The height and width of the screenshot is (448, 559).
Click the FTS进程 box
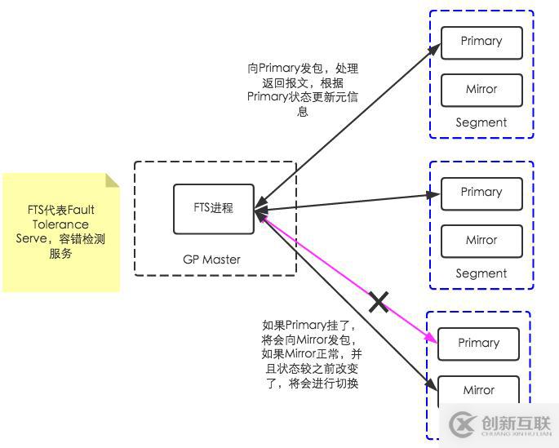[x=213, y=208]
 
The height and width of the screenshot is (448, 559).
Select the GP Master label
[x=211, y=259]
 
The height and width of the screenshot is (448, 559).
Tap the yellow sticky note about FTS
[x=60, y=232]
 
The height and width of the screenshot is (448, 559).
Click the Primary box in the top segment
[x=481, y=42]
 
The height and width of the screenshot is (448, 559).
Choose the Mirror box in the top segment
[x=481, y=90]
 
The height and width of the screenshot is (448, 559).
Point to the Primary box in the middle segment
[x=481, y=193]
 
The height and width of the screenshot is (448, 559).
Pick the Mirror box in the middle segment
[x=481, y=241]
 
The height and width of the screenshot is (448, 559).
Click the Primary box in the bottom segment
[x=478, y=344]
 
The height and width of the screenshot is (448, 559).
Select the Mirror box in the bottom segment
[x=478, y=390]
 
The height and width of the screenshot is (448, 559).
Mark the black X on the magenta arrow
[x=379, y=302]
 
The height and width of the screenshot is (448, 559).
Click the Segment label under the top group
[x=481, y=122]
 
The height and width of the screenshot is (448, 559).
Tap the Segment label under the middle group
[x=481, y=273]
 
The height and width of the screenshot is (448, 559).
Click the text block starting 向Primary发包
[x=303, y=90]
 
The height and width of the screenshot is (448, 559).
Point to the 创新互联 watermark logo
[x=496, y=424]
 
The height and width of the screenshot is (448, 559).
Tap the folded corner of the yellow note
[x=113, y=180]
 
